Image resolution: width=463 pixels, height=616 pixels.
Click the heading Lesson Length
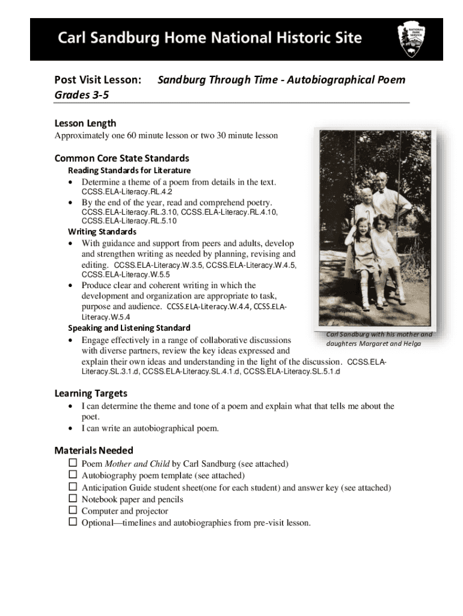(x=85, y=123)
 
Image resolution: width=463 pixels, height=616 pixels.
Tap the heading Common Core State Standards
(x=121, y=158)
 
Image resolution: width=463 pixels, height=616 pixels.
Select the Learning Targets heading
(x=91, y=393)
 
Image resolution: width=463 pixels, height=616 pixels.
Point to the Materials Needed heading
(x=94, y=451)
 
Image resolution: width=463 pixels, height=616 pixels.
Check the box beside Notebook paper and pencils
(x=73, y=499)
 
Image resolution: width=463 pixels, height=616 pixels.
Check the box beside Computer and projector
(x=73, y=511)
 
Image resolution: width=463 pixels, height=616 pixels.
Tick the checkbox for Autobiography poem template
(x=73, y=475)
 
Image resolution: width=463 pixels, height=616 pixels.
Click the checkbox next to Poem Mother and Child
(x=73, y=464)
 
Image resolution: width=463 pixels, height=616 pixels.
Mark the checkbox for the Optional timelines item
(x=73, y=522)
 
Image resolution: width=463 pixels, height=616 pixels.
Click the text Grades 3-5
(x=78, y=95)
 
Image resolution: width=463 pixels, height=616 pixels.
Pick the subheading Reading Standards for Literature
(x=129, y=170)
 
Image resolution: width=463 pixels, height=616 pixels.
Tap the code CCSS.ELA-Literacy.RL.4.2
(x=122, y=192)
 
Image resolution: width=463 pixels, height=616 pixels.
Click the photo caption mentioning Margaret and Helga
(x=379, y=339)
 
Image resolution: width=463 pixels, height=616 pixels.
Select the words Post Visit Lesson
(x=98, y=80)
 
